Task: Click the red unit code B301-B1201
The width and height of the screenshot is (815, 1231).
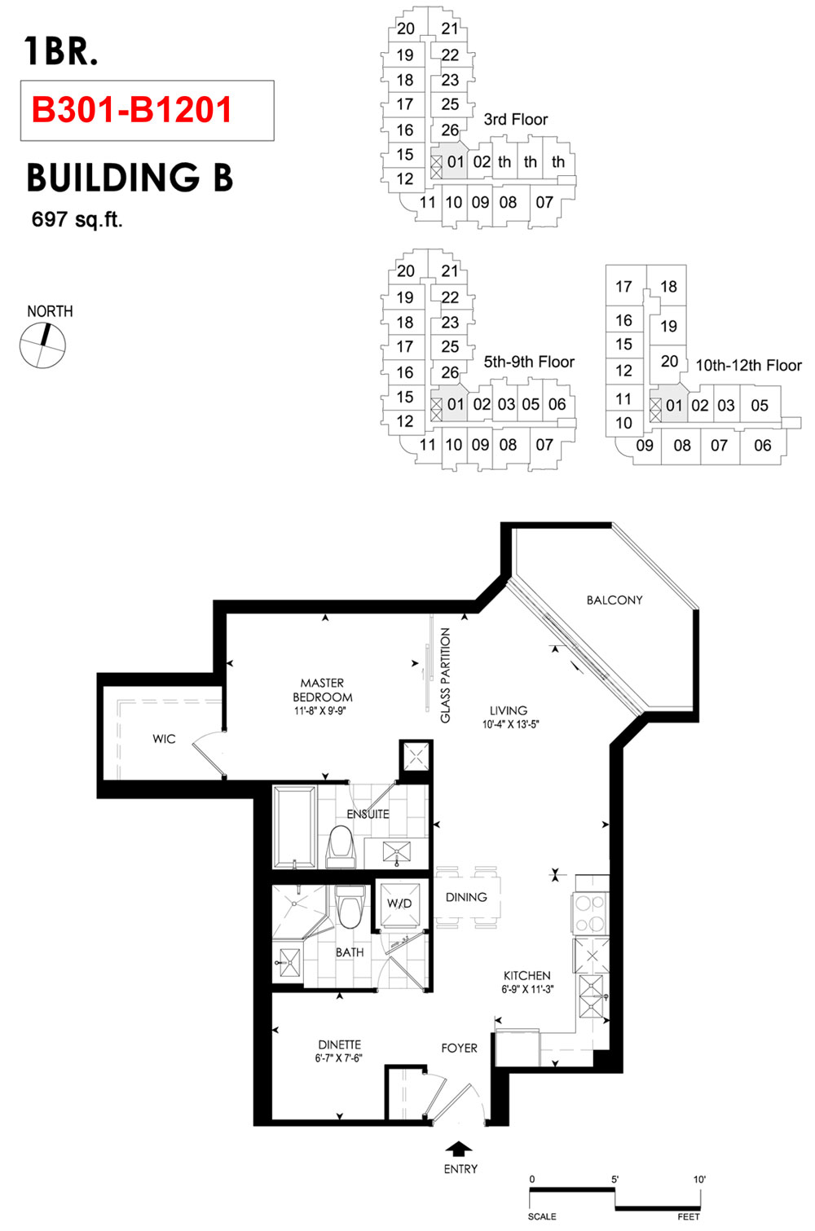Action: tap(132, 110)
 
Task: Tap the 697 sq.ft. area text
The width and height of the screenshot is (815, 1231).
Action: tap(77, 220)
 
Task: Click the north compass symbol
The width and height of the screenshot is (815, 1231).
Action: tap(42, 345)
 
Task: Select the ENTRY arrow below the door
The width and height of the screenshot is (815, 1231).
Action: tap(459, 1149)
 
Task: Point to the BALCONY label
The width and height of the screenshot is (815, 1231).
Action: tap(615, 600)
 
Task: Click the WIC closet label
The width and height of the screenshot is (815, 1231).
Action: tap(164, 739)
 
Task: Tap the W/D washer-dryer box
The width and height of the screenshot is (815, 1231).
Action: tap(400, 904)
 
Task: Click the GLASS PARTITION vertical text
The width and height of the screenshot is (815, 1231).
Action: tap(446, 675)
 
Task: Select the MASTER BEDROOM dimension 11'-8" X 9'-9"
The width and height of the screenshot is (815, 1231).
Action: tap(320, 711)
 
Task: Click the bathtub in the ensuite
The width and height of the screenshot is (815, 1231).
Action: tap(295, 827)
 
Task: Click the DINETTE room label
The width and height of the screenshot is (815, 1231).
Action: tap(339, 1044)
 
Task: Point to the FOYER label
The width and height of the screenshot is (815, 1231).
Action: tap(459, 1048)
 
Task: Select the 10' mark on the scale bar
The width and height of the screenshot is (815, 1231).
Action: tap(699, 1180)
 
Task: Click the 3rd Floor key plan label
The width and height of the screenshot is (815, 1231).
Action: tap(516, 119)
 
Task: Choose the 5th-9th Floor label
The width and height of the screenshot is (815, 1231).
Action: tap(529, 362)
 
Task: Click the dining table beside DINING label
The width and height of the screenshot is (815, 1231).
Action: tap(468, 898)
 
